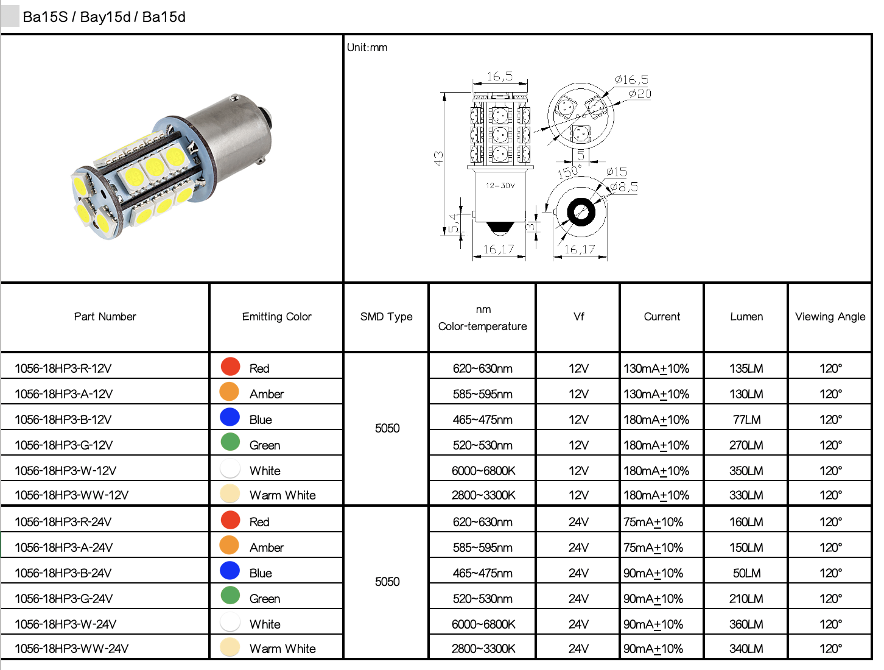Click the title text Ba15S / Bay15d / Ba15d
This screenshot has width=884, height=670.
pos(103,17)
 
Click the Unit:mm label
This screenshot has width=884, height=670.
pos(367,48)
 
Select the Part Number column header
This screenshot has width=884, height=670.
pos(105,317)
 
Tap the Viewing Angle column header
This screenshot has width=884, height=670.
pos(830,317)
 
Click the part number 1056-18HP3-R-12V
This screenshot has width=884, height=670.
pos(63,368)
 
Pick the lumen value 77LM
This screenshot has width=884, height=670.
pos(746,420)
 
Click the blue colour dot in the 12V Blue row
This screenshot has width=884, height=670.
pos(230,417)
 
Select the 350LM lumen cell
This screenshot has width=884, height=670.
pos(746,471)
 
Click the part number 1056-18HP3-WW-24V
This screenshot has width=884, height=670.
pos(72,649)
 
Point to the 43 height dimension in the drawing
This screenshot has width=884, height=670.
pos(438,158)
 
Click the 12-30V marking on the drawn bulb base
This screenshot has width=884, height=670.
pos(500,186)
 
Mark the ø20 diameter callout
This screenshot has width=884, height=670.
pos(640,94)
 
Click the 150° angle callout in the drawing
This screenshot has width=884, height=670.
pos(569,172)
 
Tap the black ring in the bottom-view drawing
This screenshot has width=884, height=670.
pos(581,213)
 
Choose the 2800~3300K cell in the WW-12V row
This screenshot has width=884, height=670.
pos(483,495)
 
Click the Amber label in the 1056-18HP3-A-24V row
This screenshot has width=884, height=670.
pos(267,548)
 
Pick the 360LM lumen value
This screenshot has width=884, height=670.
pos(746,624)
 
